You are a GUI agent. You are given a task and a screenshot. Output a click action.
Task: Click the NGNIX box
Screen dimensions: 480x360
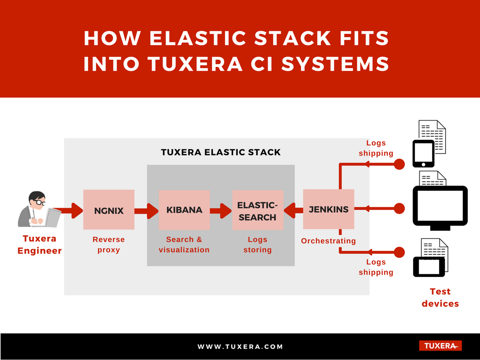tap(109, 210)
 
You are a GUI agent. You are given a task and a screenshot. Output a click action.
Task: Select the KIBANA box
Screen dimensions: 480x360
tap(184, 210)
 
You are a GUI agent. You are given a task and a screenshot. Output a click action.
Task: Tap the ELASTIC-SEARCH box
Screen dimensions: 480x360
tap(258, 210)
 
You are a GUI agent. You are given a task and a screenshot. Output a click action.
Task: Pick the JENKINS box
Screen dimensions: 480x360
tap(329, 209)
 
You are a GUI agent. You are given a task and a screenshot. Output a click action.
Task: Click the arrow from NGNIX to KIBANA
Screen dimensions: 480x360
tap(146, 211)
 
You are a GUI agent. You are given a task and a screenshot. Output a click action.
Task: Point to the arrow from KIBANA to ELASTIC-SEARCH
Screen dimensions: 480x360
tap(221, 211)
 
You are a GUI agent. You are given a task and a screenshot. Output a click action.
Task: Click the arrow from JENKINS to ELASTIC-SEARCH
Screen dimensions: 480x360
tap(293, 210)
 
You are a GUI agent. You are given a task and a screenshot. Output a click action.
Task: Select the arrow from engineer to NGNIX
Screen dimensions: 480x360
tap(69, 210)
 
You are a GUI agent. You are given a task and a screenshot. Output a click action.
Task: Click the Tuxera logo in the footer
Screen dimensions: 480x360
tap(440, 346)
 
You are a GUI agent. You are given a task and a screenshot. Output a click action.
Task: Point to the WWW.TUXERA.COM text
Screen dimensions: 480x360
tap(240, 346)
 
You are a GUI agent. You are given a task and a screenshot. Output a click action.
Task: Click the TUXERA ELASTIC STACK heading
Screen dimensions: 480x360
tap(221, 152)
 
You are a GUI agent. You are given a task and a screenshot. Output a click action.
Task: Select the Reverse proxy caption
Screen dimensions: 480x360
tap(109, 245)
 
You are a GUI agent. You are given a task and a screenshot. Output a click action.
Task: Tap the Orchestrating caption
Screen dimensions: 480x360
tap(329, 241)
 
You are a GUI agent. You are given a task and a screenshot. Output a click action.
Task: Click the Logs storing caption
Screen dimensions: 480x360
tap(257, 245)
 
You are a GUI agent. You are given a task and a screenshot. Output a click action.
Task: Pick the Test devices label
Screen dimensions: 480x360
tap(440, 297)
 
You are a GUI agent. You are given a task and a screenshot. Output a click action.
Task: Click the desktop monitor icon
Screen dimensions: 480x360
tap(440, 208)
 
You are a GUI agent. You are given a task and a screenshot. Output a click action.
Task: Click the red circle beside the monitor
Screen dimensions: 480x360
tap(399, 209)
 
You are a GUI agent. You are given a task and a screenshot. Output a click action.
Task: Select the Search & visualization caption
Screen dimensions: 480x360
tap(184, 245)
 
